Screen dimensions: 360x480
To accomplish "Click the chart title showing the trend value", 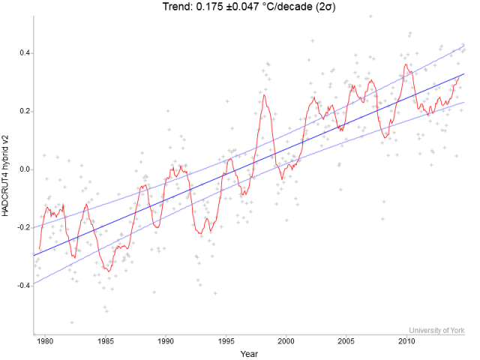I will [246, 7].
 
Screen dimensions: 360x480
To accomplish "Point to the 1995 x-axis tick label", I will [226, 342].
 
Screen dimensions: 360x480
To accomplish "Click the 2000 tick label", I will [286, 342].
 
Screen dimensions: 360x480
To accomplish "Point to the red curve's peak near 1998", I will [264, 94].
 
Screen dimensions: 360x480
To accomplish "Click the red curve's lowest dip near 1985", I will [108, 271].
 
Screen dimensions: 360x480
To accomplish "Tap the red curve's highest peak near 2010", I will [406, 64].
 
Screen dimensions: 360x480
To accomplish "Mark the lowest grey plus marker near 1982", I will [72, 322].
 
